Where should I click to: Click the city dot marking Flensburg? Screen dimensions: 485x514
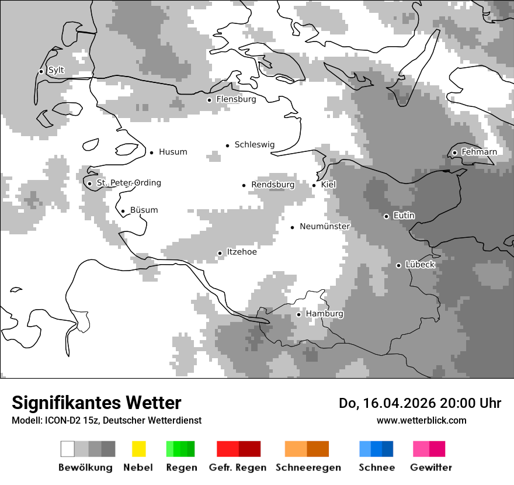(209, 100)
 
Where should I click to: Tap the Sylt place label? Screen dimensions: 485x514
(56, 70)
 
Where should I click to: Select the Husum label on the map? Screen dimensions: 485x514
(173, 152)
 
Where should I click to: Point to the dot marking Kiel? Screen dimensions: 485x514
(314, 185)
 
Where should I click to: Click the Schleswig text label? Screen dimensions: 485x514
(254, 145)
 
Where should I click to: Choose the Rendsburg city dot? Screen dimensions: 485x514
(244, 185)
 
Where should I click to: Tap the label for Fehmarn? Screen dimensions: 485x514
(479, 152)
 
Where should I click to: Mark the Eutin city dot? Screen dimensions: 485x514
(386, 216)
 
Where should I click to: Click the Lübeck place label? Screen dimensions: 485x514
(420, 265)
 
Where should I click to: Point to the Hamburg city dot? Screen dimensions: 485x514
(298, 314)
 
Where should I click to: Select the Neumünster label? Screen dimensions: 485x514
(325, 226)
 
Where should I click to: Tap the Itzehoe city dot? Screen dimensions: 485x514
(220, 253)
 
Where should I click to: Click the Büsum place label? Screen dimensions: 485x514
(144, 210)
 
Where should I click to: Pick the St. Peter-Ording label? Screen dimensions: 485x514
(128, 183)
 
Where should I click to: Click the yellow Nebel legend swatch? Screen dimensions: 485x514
(139, 449)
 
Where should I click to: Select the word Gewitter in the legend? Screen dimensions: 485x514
(431, 467)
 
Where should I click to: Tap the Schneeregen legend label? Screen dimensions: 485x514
(308, 467)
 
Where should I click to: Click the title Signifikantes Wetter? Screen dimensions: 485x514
(96, 403)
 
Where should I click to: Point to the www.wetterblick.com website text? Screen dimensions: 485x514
(421, 421)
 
